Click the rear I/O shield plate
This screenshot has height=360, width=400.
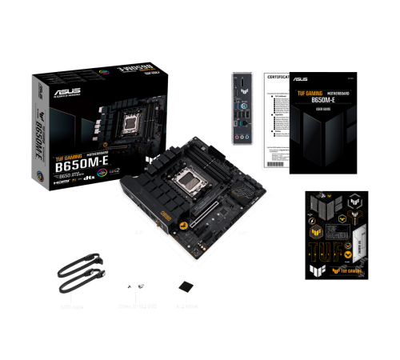click(241, 110)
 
